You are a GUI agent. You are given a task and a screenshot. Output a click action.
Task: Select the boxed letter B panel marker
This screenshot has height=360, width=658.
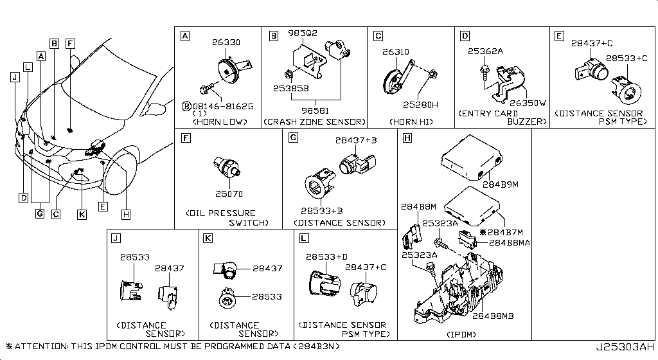pos(274,37)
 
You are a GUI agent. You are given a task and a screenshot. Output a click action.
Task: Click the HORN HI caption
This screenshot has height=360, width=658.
pos(411,122)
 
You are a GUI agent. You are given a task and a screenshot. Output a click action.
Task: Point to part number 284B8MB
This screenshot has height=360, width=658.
pos(493,316)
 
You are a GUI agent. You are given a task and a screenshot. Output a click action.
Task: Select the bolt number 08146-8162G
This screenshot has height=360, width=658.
pos(220,105)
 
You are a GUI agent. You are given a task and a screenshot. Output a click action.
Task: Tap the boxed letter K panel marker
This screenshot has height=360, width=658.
pos(208,239)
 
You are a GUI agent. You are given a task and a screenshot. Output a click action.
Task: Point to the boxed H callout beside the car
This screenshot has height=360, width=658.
pos(125,215)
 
